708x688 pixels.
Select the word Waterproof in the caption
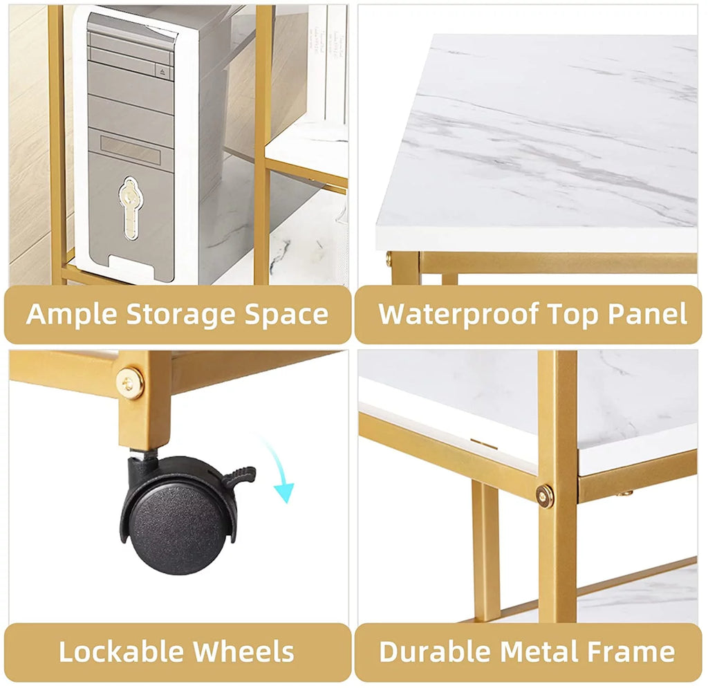[458, 315]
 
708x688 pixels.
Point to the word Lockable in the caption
[122, 651]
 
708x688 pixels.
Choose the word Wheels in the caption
[243, 651]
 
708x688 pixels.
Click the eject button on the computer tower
[163, 71]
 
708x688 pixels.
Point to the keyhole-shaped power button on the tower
[130, 208]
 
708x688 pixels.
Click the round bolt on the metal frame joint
[545, 496]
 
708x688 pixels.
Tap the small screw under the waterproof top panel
[389, 259]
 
